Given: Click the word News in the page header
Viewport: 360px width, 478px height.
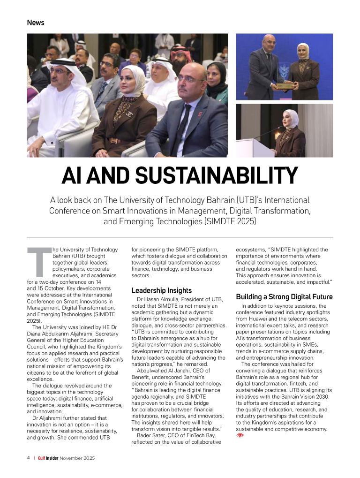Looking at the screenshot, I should tap(36, 23).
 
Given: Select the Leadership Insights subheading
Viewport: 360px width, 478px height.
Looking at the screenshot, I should tap(161, 290).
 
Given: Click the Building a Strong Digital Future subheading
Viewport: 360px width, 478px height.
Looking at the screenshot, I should tap(284, 297).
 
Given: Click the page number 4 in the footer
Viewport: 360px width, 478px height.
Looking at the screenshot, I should tap(29, 458).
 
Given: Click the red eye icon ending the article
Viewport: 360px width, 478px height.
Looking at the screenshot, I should tap(240, 435).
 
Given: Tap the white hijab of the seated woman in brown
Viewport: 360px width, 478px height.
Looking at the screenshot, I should tap(134, 82).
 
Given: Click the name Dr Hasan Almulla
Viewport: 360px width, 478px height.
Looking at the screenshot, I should tap(159, 299).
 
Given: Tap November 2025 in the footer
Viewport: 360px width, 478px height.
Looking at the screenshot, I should tap(77, 458).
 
